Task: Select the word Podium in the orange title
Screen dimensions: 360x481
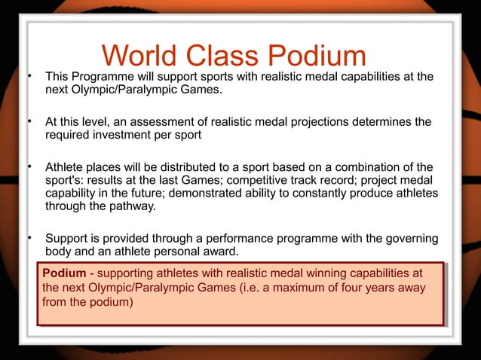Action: point(322,56)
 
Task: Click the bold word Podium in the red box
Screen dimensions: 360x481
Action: point(63,273)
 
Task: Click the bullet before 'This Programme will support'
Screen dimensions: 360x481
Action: point(29,76)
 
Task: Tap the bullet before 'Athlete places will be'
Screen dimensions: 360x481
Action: point(29,166)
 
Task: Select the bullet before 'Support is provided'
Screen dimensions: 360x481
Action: point(29,239)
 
